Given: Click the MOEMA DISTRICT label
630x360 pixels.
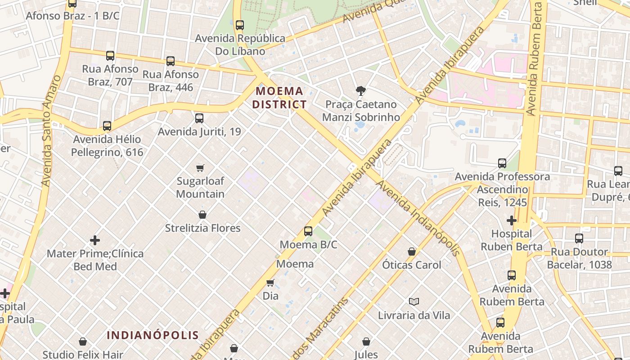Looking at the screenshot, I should [279, 98].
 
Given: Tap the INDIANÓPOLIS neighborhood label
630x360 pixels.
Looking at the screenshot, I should [153, 335].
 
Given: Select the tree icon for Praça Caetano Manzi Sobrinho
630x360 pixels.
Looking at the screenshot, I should [360, 91].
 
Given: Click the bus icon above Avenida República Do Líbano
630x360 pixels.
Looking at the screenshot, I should [240, 25].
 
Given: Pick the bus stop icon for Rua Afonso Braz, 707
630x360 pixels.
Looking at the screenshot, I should [110, 56].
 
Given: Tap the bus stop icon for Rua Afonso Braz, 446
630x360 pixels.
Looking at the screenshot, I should [171, 61].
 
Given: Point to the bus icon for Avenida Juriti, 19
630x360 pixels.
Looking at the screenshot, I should [199, 118].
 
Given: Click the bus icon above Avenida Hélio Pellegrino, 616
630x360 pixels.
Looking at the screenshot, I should [107, 126].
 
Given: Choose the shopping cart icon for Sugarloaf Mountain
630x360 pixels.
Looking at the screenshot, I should [200, 168].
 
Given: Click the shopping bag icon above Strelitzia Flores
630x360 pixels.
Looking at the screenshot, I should [202, 215].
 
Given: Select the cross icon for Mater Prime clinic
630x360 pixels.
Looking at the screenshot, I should [95, 240].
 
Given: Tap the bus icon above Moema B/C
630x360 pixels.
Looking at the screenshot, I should [308, 231].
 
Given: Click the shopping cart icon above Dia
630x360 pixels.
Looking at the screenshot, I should [270, 283].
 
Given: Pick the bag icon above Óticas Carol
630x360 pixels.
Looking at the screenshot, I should [412, 252].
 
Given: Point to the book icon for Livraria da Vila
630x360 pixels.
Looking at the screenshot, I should [414, 301].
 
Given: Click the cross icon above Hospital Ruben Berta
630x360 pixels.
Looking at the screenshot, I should [512, 220].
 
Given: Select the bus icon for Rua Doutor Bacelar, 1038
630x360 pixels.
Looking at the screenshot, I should [579, 238].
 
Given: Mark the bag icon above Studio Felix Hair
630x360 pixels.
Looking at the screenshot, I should [83, 342].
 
